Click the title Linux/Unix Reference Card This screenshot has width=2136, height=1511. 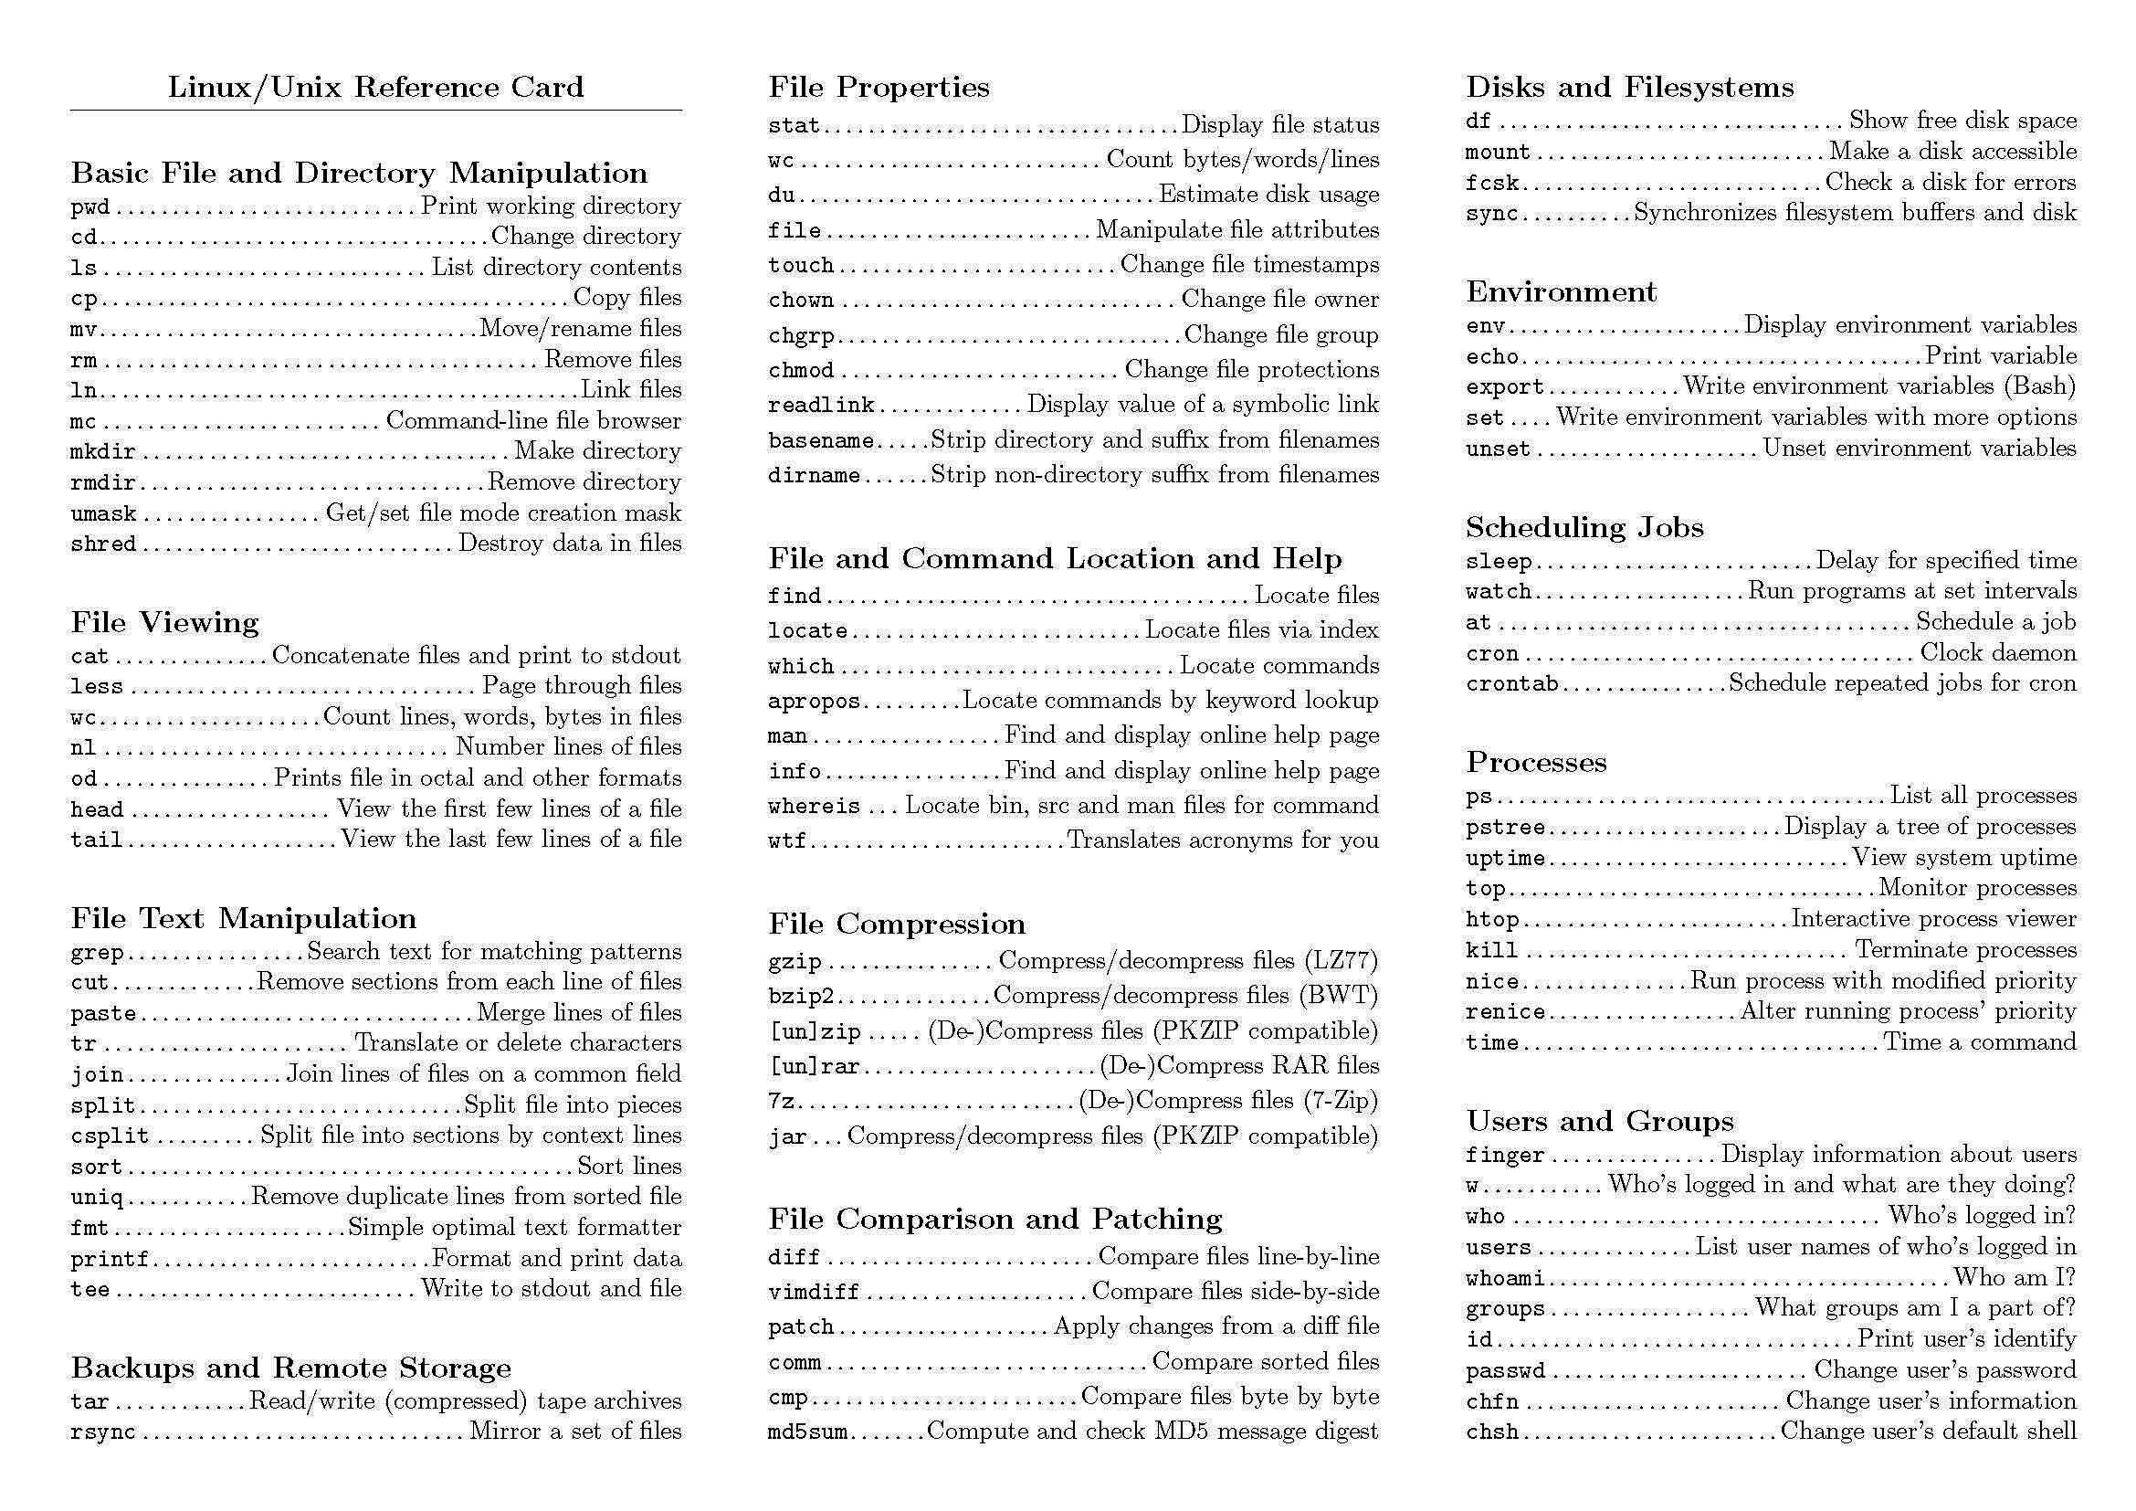pyautogui.click(x=375, y=87)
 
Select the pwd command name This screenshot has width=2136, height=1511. pyautogui.click(x=90, y=206)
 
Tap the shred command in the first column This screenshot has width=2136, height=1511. pyautogui.click(x=103, y=544)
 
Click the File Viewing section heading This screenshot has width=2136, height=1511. pyautogui.click(x=164, y=621)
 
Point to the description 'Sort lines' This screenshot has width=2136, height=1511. pyautogui.click(x=629, y=1166)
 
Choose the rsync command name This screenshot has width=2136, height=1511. pyautogui.click(x=103, y=1432)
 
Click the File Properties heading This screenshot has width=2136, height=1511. pyautogui.click(x=879, y=87)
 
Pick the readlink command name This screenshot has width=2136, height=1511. pyautogui.click(x=821, y=406)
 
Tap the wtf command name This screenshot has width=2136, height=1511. pyautogui.click(x=787, y=841)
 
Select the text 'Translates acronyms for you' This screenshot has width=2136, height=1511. pyautogui.click(x=1223, y=840)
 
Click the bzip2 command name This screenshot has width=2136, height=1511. pyautogui.click(x=800, y=997)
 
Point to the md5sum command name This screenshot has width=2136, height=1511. pyautogui.click(x=807, y=1432)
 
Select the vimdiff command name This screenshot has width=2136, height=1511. pyautogui.click(x=813, y=1293)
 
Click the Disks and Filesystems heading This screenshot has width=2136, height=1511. pyautogui.click(x=1629, y=87)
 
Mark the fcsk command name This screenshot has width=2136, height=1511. pyautogui.click(x=1492, y=183)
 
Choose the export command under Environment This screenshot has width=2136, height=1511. pyautogui.click(x=1504, y=387)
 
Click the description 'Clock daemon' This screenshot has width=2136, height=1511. pyautogui.click(x=1997, y=652)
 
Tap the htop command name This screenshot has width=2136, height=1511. pyautogui.click(x=1492, y=919)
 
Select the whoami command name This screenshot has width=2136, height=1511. pyautogui.click(x=1504, y=1278)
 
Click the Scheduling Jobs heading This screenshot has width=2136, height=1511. pyautogui.click(x=1584, y=526)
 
